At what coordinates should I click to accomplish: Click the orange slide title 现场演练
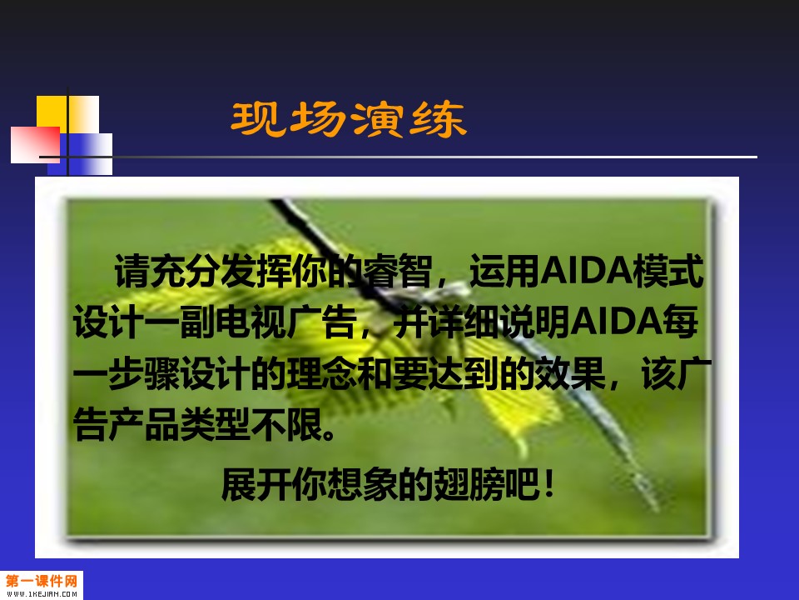(349, 119)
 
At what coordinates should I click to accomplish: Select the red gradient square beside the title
(35, 145)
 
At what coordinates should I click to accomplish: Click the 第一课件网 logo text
(42, 581)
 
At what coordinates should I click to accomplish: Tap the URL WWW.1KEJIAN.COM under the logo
(42, 594)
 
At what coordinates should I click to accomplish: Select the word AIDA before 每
(616, 322)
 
